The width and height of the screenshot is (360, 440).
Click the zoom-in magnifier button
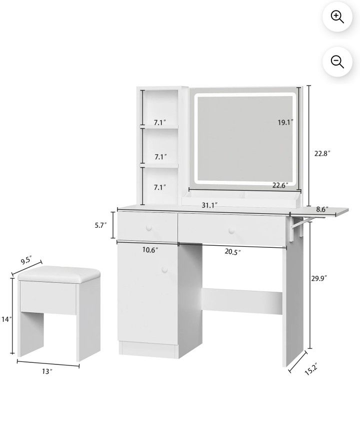[337, 17]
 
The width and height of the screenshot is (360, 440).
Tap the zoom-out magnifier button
[337, 62]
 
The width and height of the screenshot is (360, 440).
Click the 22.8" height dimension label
[322, 154]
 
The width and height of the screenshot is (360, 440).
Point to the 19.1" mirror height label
[285, 122]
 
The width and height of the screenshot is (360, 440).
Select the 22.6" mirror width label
[280, 185]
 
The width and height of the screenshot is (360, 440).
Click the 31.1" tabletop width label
[209, 205]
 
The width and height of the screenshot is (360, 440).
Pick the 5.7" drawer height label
[101, 225]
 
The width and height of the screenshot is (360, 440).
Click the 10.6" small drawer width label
[150, 250]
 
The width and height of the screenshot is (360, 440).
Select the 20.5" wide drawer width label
[232, 252]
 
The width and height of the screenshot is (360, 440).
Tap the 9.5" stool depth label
[26, 261]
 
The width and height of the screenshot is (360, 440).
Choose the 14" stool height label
[6, 319]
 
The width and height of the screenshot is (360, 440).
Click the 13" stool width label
[47, 371]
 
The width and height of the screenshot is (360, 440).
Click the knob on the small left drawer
[149, 228]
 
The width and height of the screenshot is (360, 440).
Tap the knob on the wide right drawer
[231, 231]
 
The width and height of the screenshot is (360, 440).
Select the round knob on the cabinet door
[164, 270]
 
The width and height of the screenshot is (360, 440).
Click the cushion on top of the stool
[59, 274]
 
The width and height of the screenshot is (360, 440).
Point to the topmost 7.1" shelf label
[160, 122]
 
